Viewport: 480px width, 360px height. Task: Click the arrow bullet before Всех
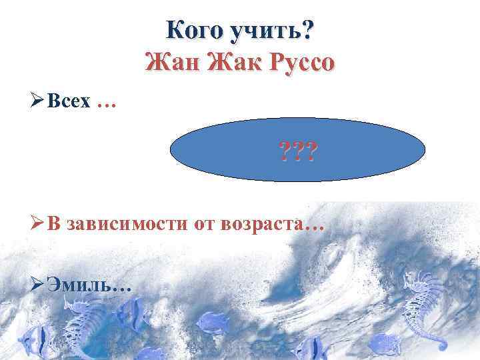(x=37, y=107)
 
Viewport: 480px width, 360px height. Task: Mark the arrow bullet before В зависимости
(x=37, y=225)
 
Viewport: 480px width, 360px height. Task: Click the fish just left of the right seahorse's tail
(x=387, y=343)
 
